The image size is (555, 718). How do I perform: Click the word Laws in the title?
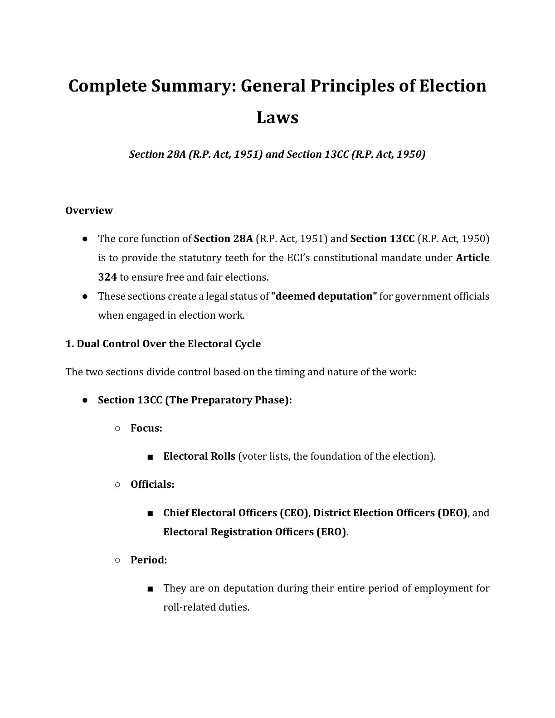click(x=277, y=117)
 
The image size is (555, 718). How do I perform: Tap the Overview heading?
click(x=89, y=210)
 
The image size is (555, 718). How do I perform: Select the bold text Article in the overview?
click(x=472, y=258)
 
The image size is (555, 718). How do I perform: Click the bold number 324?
click(x=107, y=277)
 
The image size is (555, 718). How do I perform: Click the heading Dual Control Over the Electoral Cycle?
click(x=163, y=344)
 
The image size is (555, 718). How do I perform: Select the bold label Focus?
click(x=146, y=428)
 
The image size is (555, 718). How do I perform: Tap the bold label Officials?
click(x=152, y=484)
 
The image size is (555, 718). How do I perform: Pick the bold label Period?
click(x=149, y=560)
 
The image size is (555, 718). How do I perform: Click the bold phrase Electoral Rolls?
click(x=199, y=456)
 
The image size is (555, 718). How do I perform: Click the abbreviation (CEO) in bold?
click(x=294, y=513)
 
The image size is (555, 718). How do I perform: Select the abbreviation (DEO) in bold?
click(x=452, y=513)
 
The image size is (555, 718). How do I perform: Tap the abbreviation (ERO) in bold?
click(x=331, y=532)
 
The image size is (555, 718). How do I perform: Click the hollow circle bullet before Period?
click(x=117, y=560)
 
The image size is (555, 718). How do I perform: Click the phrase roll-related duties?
click(x=206, y=607)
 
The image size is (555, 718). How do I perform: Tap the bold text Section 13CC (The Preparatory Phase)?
click(x=195, y=400)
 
